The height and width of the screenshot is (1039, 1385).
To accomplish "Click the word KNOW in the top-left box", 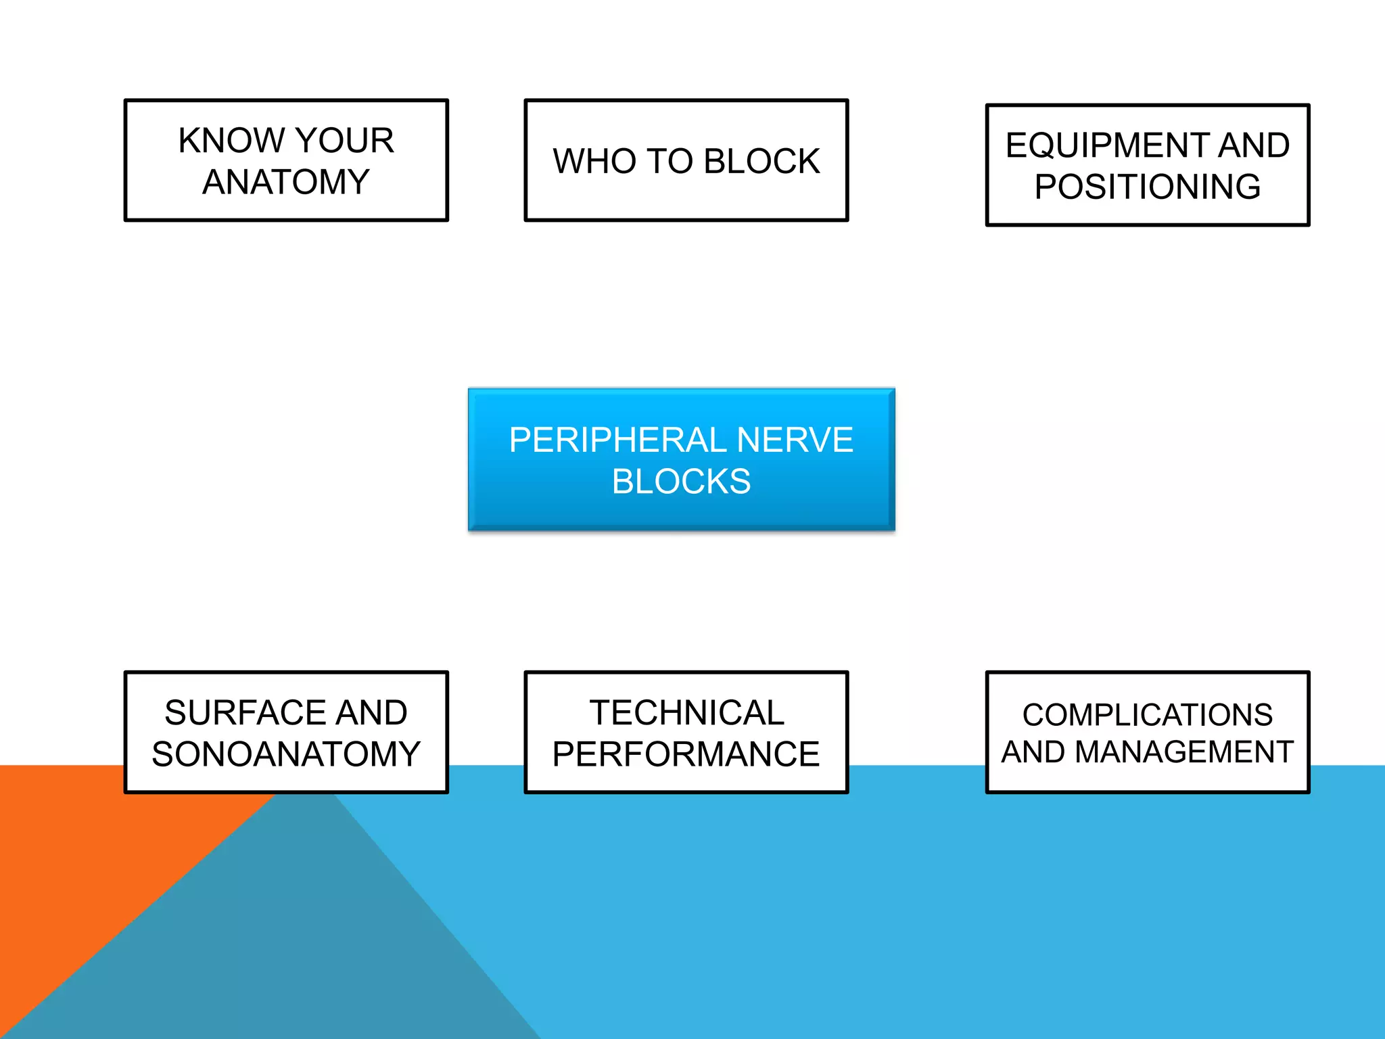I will (231, 141).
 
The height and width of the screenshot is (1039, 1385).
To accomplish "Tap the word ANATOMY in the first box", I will (286, 182).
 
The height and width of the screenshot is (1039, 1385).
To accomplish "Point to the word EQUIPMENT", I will (1106, 145).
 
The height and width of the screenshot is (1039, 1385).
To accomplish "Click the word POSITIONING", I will (1147, 187).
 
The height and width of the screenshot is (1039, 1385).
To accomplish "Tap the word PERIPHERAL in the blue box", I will (617, 440).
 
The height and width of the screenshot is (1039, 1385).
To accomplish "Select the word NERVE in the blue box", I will (794, 440).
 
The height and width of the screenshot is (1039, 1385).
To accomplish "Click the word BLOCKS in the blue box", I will (681, 482).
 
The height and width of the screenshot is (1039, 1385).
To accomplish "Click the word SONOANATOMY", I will (286, 754).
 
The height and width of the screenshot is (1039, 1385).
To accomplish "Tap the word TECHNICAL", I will (686, 713).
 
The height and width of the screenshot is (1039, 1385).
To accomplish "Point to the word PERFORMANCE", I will (686, 754).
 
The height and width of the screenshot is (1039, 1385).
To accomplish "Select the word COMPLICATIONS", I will (1147, 715).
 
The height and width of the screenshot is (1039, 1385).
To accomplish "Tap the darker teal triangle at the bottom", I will (304, 947).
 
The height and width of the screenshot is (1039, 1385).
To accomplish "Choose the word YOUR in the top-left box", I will (344, 141).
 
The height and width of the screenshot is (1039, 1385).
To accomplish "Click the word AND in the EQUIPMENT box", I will (1254, 145).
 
